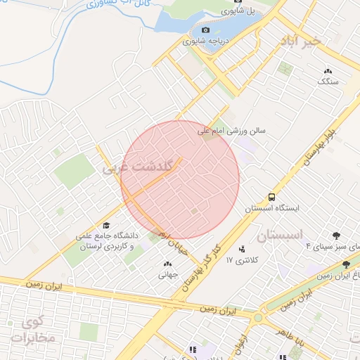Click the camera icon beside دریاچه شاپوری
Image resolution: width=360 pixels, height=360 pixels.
(x=205, y=30)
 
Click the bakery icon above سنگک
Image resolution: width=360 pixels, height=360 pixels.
(x=328, y=71)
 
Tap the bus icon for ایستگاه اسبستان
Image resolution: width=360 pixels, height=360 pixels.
(x=271, y=198)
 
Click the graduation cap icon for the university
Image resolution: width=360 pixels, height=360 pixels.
(x=105, y=226)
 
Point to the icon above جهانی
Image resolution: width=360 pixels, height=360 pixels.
(x=167, y=264)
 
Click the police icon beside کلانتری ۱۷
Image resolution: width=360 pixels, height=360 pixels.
(x=242, y=248)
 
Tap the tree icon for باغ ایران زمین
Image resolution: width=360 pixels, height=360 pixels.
(x=345, y=264)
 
